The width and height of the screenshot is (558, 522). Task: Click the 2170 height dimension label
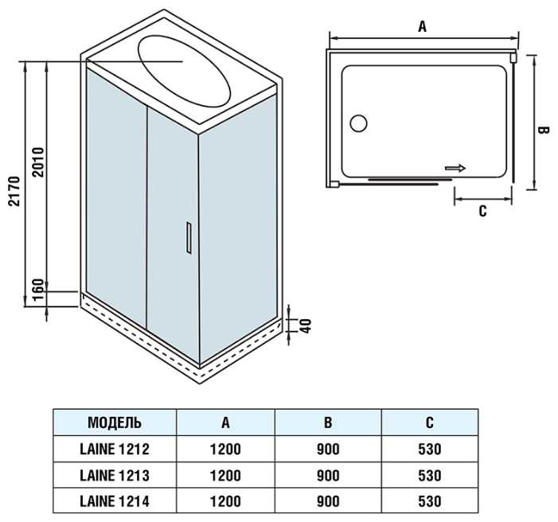15,191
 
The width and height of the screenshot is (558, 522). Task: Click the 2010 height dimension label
37,162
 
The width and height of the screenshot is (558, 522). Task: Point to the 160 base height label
37,290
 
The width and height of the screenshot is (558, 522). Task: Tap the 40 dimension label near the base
306,325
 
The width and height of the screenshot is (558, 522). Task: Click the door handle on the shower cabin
188,238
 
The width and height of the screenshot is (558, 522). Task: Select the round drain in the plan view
358,123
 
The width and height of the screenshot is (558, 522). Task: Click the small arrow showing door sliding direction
455,168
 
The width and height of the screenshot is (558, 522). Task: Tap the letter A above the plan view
422,26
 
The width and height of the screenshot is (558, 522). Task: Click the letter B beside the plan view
543,130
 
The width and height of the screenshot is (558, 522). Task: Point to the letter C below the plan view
482,211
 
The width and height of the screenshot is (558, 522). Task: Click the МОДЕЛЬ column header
115,423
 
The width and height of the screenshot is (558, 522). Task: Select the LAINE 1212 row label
115,449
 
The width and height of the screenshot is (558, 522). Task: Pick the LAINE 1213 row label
115,475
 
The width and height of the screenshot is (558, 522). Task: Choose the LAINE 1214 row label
115,501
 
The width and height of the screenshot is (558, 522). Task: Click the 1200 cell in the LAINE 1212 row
225,449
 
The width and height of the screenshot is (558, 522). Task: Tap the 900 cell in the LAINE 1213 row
328,475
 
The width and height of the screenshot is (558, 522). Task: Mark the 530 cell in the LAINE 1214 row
430,501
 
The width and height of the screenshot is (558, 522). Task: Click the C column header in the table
430,423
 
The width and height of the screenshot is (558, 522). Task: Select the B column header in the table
328,423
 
